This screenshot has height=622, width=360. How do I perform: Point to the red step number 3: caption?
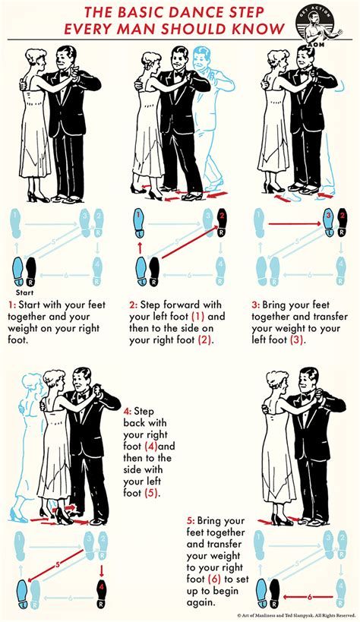pyautogui.click(x=254, y=305)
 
